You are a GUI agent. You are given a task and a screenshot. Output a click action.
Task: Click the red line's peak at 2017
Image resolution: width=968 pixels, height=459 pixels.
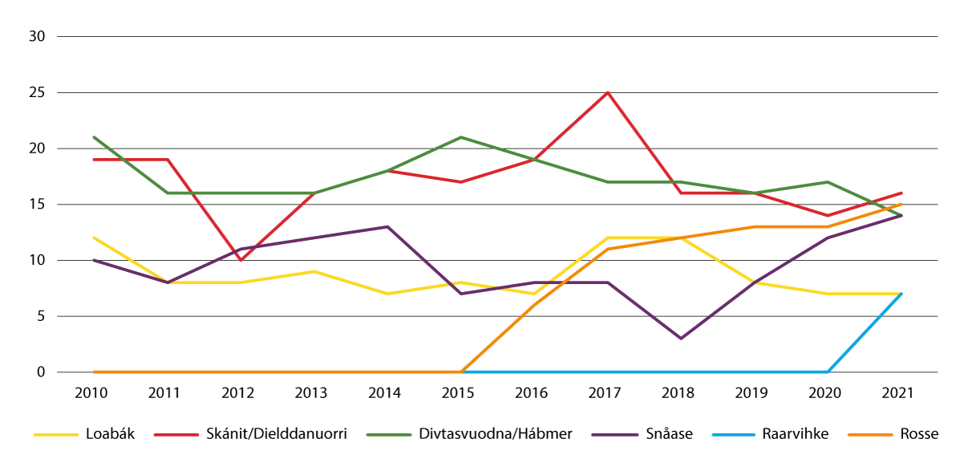click(607, 93)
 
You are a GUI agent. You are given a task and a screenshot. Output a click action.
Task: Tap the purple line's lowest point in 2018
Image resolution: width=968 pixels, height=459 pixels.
click(681, 339)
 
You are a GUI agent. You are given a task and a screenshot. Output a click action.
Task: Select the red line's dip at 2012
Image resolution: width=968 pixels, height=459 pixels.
click(241, 261)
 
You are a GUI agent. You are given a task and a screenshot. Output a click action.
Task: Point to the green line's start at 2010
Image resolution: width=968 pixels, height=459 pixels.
click(95, 137)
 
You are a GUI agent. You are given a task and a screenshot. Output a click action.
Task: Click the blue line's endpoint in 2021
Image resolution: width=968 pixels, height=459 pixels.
click(901, 294)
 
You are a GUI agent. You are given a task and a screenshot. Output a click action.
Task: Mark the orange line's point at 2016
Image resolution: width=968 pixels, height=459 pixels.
click(534, 305)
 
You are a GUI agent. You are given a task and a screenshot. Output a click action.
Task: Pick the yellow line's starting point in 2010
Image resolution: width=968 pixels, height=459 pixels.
click(95, 238)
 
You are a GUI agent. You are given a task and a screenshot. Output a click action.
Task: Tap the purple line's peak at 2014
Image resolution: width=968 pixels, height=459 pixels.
click(387, 227)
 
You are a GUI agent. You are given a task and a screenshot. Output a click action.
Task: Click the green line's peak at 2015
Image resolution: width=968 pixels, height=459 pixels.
click(460, 137)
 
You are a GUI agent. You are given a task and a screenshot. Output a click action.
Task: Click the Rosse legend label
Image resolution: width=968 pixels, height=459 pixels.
click(920, 434)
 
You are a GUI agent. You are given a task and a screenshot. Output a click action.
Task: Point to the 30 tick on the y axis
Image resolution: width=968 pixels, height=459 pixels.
click(37, 37)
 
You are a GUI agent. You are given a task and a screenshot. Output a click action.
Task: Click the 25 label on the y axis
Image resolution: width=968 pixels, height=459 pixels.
click(37, 93)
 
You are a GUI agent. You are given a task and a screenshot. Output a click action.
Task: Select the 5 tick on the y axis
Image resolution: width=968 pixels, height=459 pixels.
click(41, 316)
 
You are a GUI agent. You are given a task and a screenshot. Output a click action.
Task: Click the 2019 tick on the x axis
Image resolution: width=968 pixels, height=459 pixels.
click(754, 395)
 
